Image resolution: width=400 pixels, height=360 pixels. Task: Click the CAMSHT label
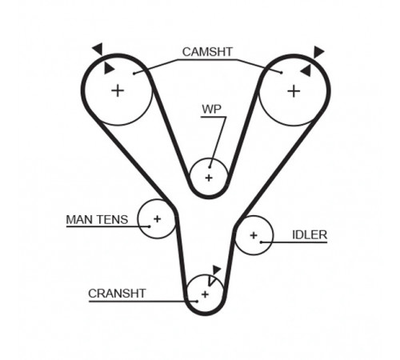pyautogui.click(x=207, y=52)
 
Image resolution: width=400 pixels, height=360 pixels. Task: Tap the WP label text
pyautogui.click(x=211, y=109)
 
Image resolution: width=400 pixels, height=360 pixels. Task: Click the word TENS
pyautogui.click(x=112, y=220)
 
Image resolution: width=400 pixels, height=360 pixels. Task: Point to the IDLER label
pyautogui.click(x=310, y=235)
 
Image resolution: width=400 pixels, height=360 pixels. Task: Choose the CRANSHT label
pyautogui.click(x=117, y=294)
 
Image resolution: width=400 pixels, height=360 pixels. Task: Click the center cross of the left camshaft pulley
pyautogui.click(x=118, y=90)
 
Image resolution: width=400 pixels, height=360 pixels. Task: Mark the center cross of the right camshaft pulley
pyautogui.click(x=294, y=91)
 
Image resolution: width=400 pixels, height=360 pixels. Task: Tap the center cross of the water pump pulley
pyautogui.click(x=209, y=178)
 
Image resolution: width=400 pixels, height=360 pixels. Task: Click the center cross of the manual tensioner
pyautogui.click(x=158, y=219)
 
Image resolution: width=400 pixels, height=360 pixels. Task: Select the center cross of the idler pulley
pyautogui.click(x=254, y=235)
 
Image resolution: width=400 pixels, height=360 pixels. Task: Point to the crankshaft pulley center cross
pyautogui.click(x=205, y=294)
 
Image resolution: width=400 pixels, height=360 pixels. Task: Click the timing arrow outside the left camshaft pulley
pyautogui.click(x=98, y=49)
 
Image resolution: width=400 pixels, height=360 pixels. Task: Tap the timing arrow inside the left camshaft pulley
pyautogui.click(x=109, y=68)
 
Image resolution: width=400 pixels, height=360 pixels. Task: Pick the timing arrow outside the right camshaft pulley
pyautogui.click(x=318, y=52)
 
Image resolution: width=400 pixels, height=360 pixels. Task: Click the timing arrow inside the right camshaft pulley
pyautogui.click(x=306, y=70)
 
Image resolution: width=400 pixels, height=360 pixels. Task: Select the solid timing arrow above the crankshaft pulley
pyautogui.click(x=216, y=270)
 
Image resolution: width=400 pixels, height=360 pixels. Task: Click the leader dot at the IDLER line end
pyautogui.click(x=262, y=242)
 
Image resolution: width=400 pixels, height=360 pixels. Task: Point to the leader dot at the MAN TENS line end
pyautogui.click(x=150, y=226)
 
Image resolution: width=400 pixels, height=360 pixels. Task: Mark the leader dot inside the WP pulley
pyautogui.click(x=210, y=167)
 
